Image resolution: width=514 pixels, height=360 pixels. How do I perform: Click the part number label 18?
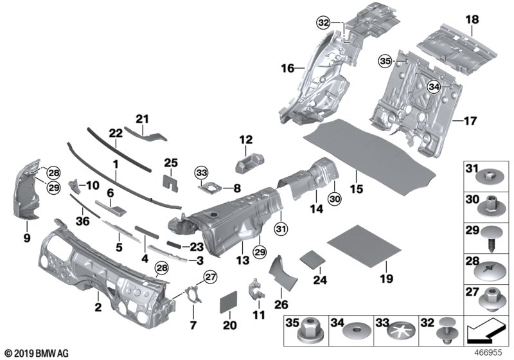pos(472,21)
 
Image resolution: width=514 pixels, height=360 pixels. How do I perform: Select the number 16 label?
pos(287,67)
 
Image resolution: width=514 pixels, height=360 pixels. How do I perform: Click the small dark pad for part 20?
pos(229,302)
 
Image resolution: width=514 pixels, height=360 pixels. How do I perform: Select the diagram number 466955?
pos(490,352)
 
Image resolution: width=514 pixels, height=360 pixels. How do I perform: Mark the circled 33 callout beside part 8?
pos(202,172)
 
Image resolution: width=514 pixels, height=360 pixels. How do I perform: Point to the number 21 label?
pos(141,118)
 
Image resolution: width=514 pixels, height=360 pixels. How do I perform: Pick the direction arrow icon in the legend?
pos(483,333)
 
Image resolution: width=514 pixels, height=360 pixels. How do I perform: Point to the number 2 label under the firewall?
pos(98,309)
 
